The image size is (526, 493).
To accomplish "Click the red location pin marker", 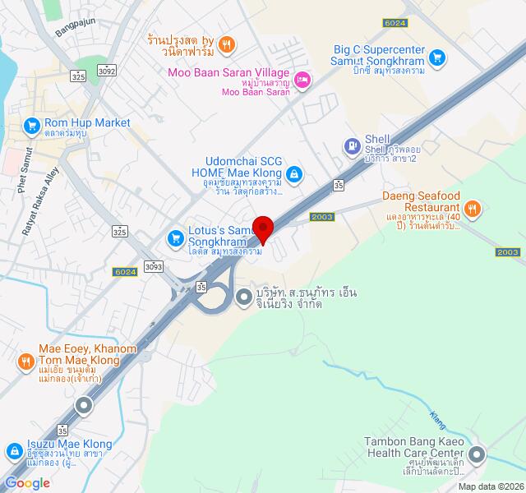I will (x=263, y=228).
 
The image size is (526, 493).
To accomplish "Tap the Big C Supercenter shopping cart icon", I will (x=437, y=58).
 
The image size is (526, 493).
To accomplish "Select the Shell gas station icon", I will (x=351, y=146).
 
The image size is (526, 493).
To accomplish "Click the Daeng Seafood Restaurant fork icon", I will (x=472, y=209).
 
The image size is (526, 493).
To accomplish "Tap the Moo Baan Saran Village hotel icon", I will (x=302, y=79).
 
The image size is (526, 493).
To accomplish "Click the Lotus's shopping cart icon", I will (x=175, y=238).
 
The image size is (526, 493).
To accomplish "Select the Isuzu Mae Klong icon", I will (x=14, y=451).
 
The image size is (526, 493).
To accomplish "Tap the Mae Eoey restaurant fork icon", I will (x=26, y=360).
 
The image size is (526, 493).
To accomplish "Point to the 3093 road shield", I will (x=152, y=265).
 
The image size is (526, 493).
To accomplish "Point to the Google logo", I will (x=27, y=483).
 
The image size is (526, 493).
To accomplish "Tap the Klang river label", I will (x=437, y=420).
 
